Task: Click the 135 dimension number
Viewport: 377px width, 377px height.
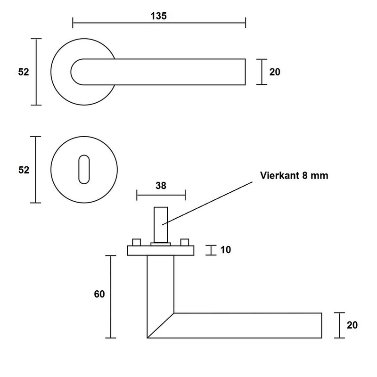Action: click(159, 16)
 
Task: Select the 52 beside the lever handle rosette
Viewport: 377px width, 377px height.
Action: click(24, 72)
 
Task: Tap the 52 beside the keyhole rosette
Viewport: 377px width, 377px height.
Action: click(24, 170)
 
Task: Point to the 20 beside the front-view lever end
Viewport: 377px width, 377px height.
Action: click(275, 72)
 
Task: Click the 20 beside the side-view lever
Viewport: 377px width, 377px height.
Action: click(352, 325)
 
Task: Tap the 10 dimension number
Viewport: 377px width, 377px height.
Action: click(226, 250)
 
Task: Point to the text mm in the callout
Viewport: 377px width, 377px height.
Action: click(319, 176)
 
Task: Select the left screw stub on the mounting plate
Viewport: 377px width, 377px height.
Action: click(137, 243)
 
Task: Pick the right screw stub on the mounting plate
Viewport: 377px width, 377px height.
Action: click(184, 243)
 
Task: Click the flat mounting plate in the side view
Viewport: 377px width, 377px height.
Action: click(161, 251)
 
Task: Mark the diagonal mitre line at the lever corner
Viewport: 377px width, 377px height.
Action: click(160, 326)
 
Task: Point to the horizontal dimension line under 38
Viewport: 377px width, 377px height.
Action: click(161, 194)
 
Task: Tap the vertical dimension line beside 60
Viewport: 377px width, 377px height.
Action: click(110, 297)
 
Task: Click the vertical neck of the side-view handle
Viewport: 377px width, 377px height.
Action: click(161, 283)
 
